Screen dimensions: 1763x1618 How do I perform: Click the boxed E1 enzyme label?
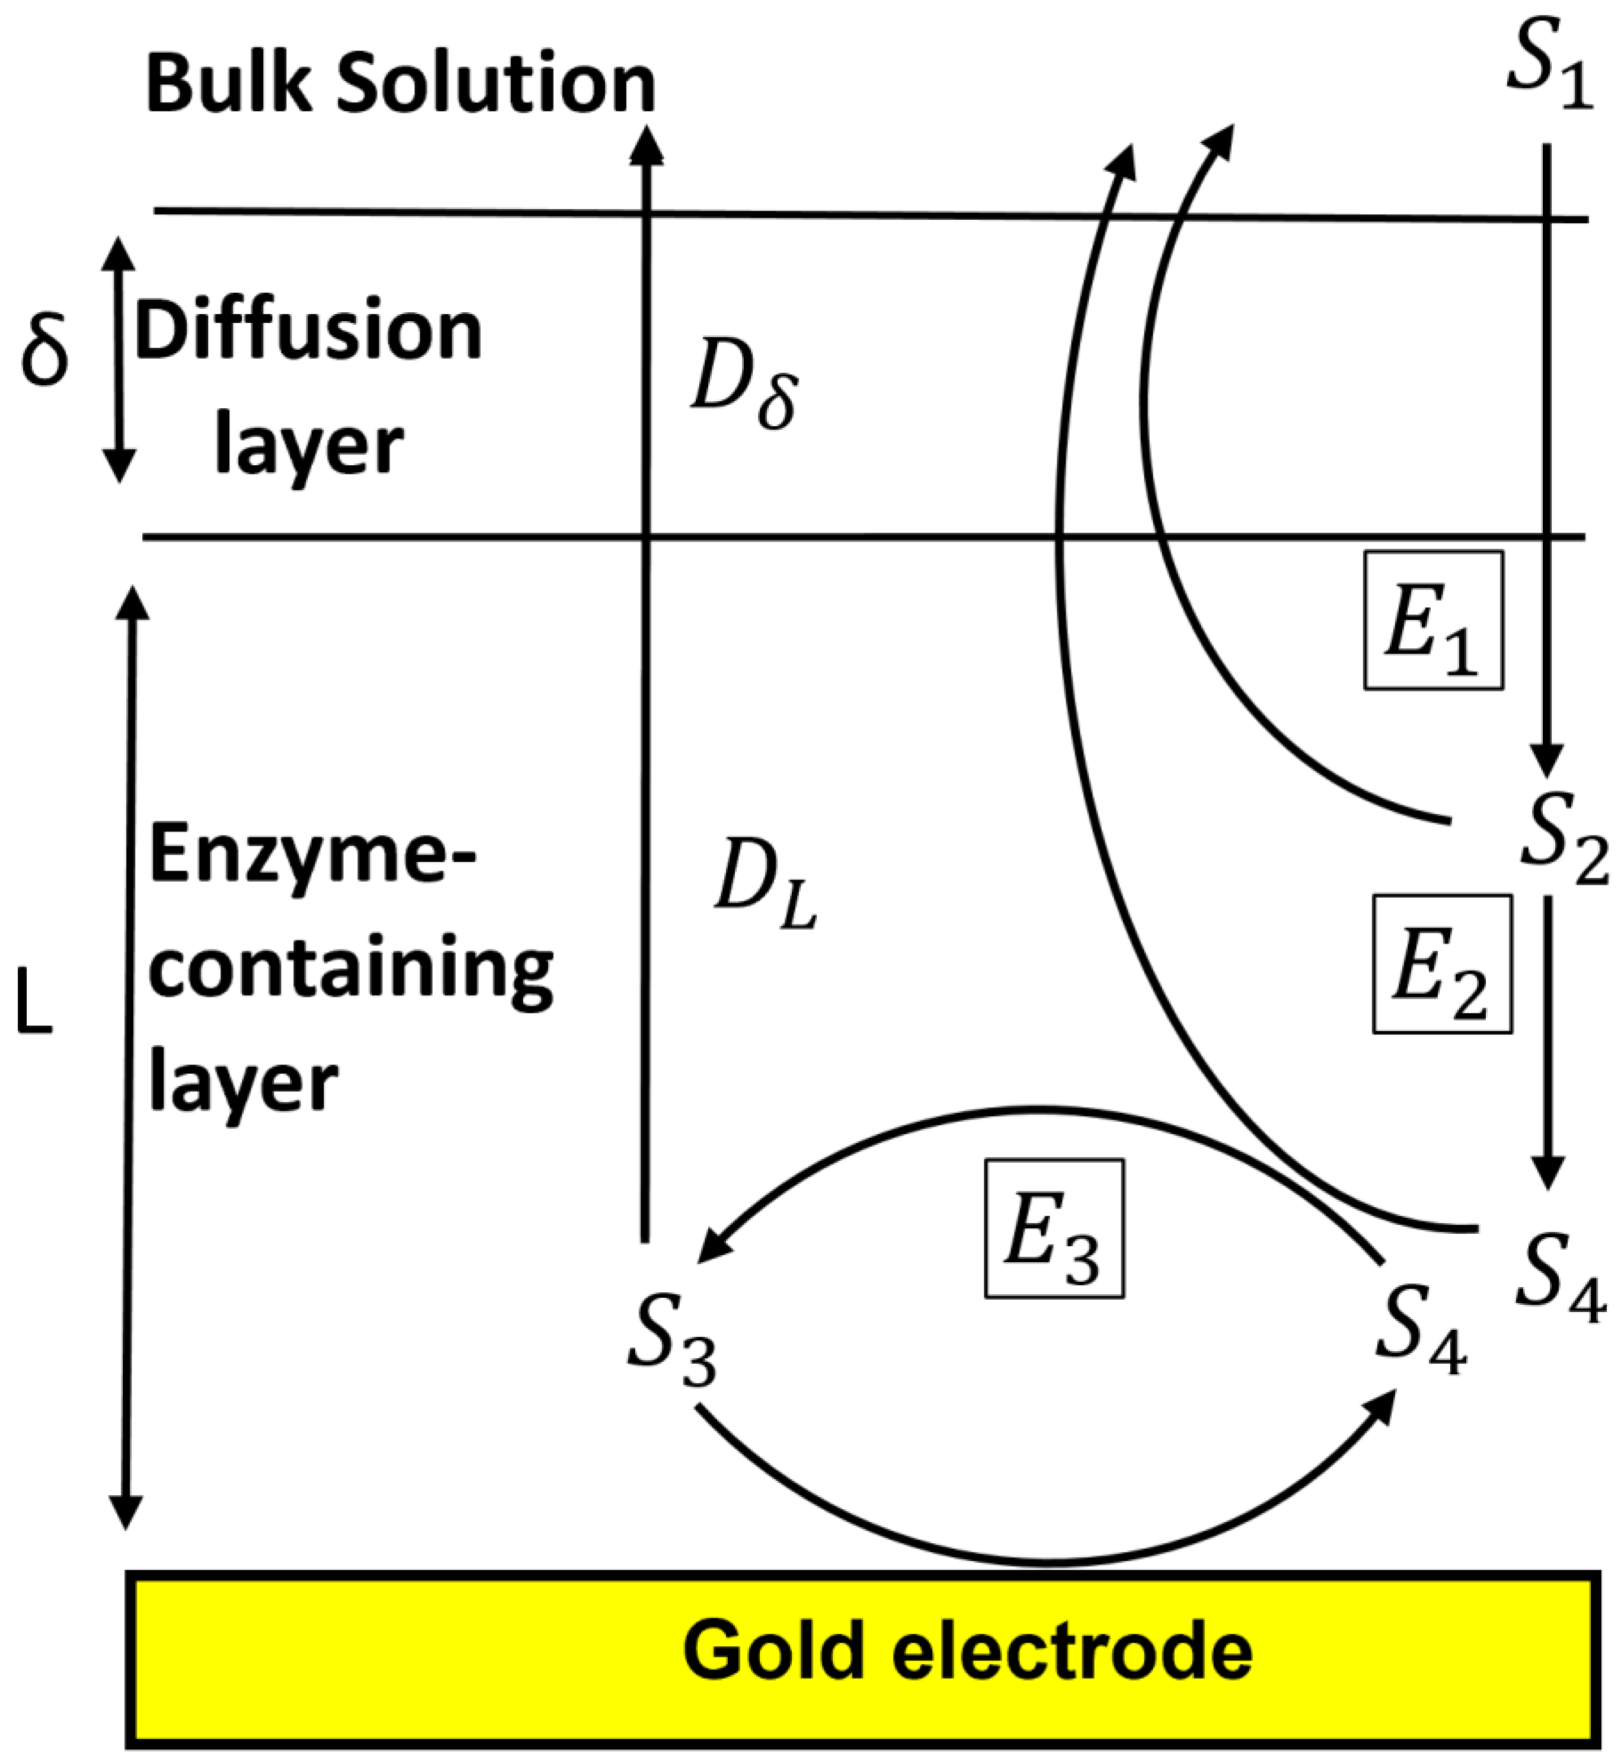click(1433, 620)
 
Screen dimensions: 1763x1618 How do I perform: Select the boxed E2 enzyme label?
click(1442, 965)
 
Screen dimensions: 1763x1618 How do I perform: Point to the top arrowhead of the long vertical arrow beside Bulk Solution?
click(647, 145)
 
